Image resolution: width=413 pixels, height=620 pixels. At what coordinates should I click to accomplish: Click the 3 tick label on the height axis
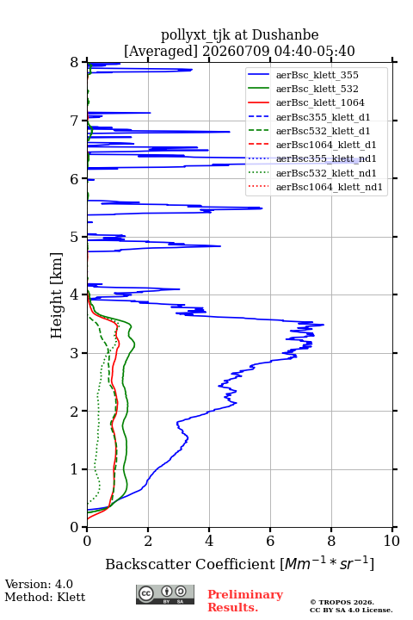click(75, 353)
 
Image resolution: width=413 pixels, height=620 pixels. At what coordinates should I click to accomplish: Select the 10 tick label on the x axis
click(391, 541)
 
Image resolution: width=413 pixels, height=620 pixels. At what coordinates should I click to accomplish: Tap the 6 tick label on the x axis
click(270, 541)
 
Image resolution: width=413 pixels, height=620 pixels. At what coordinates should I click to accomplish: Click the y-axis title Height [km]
click(57, 295)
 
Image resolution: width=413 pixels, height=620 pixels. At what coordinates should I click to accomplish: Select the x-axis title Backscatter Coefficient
click(189, 564)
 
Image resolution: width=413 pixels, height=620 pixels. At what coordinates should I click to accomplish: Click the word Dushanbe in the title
click(285, 35)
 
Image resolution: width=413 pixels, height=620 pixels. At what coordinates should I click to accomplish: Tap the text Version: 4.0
click(39, 584)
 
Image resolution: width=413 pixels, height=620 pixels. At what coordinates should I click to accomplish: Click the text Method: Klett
click(45, 597)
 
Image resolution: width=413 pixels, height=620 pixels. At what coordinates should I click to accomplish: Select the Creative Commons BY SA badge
click(165, 594)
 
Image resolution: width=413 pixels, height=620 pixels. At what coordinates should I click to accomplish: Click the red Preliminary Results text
click(245, 601)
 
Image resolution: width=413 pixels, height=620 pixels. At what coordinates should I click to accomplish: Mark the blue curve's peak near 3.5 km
click(324, 325)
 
